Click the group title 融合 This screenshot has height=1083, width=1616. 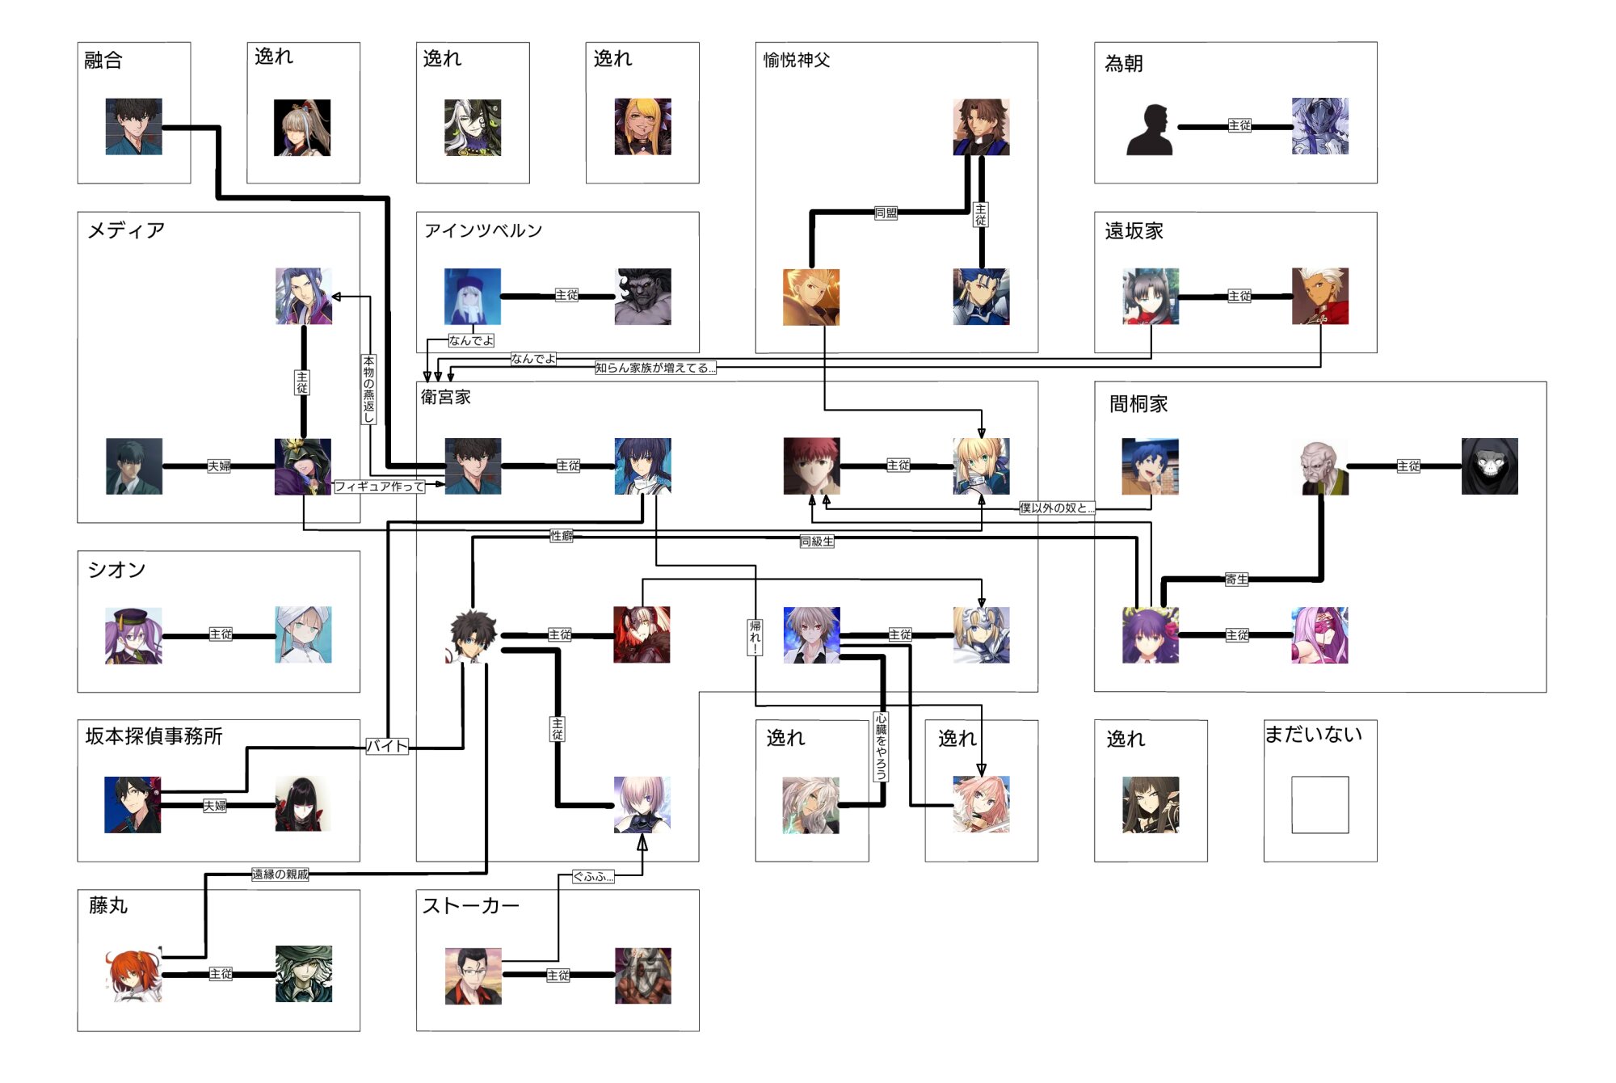[x=103, y=60]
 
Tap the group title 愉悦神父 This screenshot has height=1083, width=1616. [x=797, y=60]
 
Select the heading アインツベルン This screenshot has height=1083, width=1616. [x=483, y=230]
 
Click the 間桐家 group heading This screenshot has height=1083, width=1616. [x=1138, y=403]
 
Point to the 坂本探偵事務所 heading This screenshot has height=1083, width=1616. [x=154, y=735]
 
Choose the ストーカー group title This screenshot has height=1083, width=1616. [x=470, y=905]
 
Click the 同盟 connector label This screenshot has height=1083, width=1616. [x=886, y=213]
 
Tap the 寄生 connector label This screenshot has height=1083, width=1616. [x=1236, y=579]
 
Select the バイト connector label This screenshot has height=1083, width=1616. [x=387, y=746]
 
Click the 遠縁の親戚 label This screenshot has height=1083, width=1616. [x=280, y=874]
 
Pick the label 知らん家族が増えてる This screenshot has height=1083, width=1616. [x=654, y=368]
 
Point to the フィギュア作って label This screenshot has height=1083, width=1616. [x=379, y=486]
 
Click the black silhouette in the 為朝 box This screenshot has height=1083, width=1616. [x=1150, y=129]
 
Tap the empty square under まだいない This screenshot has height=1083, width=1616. [x=1319, y=804]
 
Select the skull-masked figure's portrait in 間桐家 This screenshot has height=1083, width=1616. [x=1489, y=466]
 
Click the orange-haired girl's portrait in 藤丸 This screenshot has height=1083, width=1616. [x=133, y=975]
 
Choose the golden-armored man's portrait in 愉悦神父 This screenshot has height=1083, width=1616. [x=811, y=297]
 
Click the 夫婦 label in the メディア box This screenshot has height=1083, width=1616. [x=219, y=466]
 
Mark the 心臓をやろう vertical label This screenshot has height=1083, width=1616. [x=881, y=746]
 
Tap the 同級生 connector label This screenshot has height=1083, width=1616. [x=816, y=541]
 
